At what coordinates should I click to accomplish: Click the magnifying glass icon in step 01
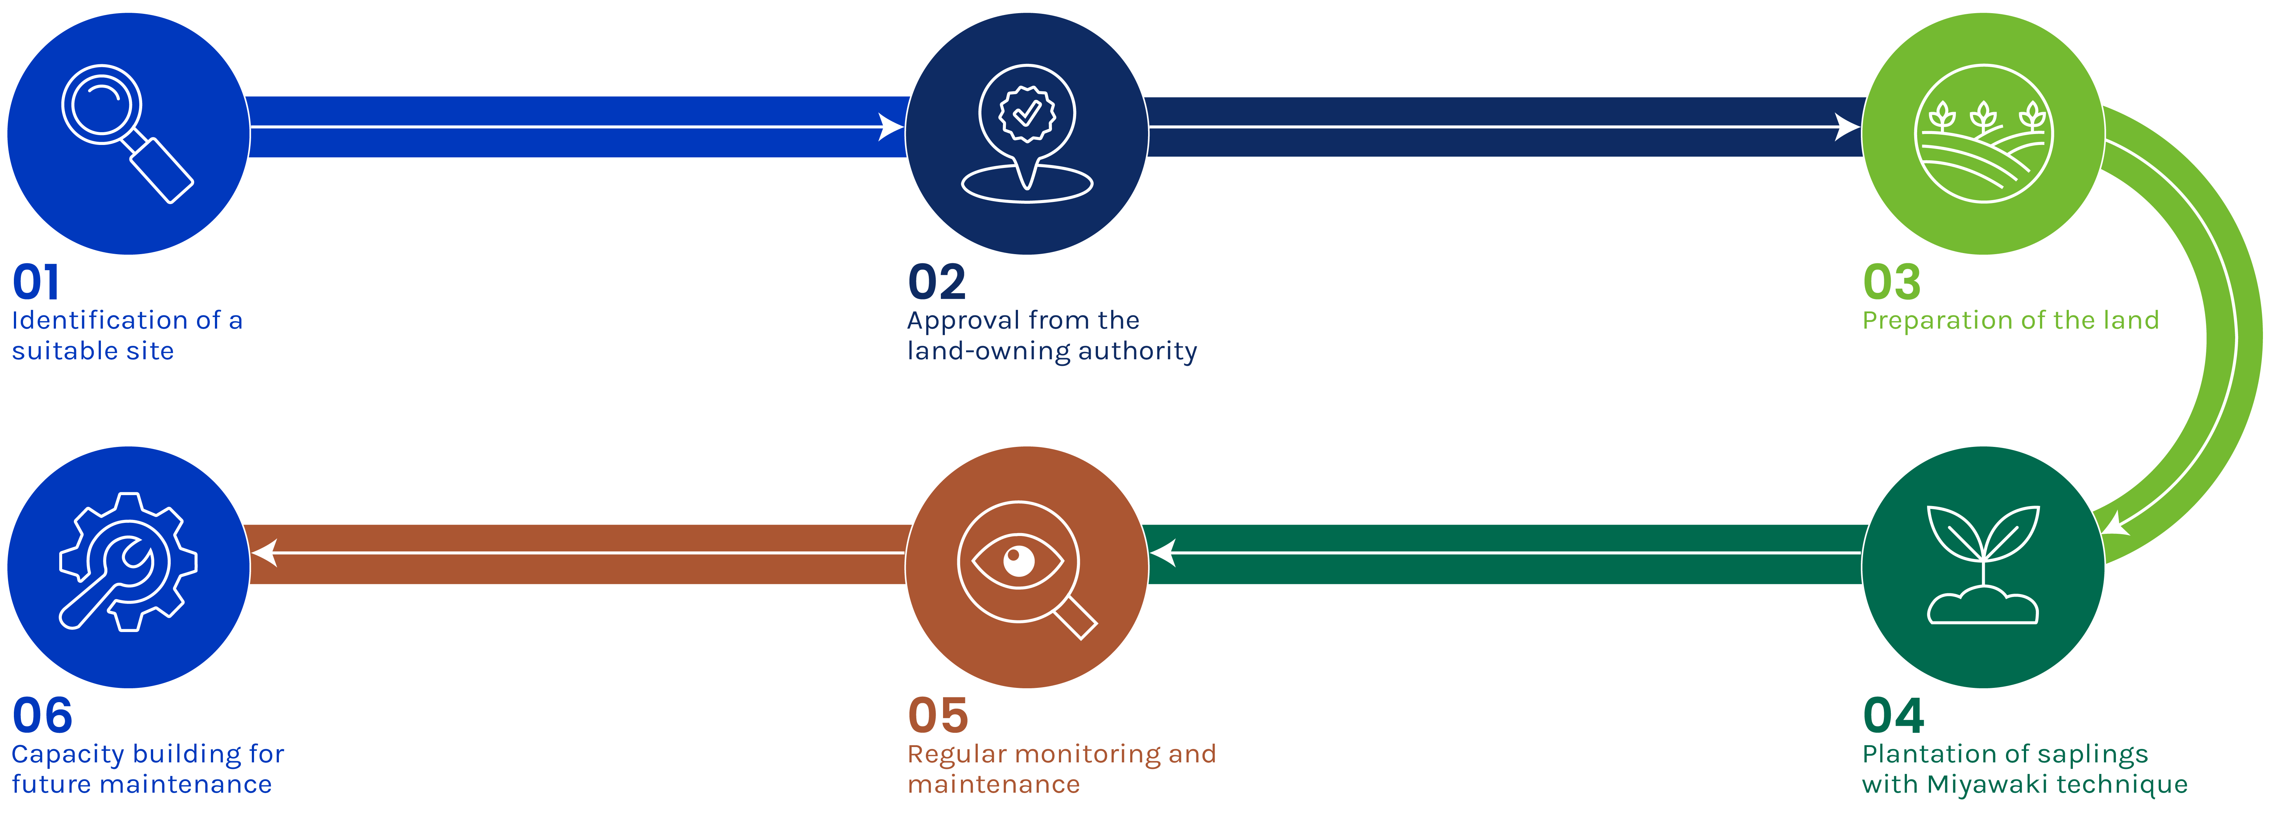(x=126, y=133)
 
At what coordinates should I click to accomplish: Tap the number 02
(x=937, y=283)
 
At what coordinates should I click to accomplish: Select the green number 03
(x=1892, y=283)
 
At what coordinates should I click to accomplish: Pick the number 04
(x=1893, y=716)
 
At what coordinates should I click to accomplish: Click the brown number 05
(x=938, y=716)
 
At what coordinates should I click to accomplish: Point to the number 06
(x=42, y=716)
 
